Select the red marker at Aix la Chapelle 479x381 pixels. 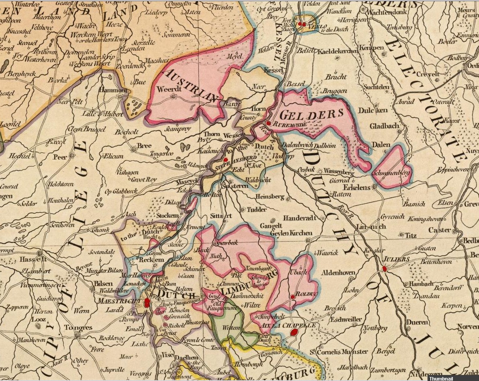tap(294, 332)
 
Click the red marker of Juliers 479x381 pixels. tap(384, 268)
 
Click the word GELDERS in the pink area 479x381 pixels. tap(312, 114)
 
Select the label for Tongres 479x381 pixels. tap(78, 327)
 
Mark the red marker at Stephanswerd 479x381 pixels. tap(226, 160)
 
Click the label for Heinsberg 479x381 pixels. tap(270, 197)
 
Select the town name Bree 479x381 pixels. tap(144, 146)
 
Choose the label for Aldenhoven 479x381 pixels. tap(338, 273)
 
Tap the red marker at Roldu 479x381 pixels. tap(293, 296)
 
